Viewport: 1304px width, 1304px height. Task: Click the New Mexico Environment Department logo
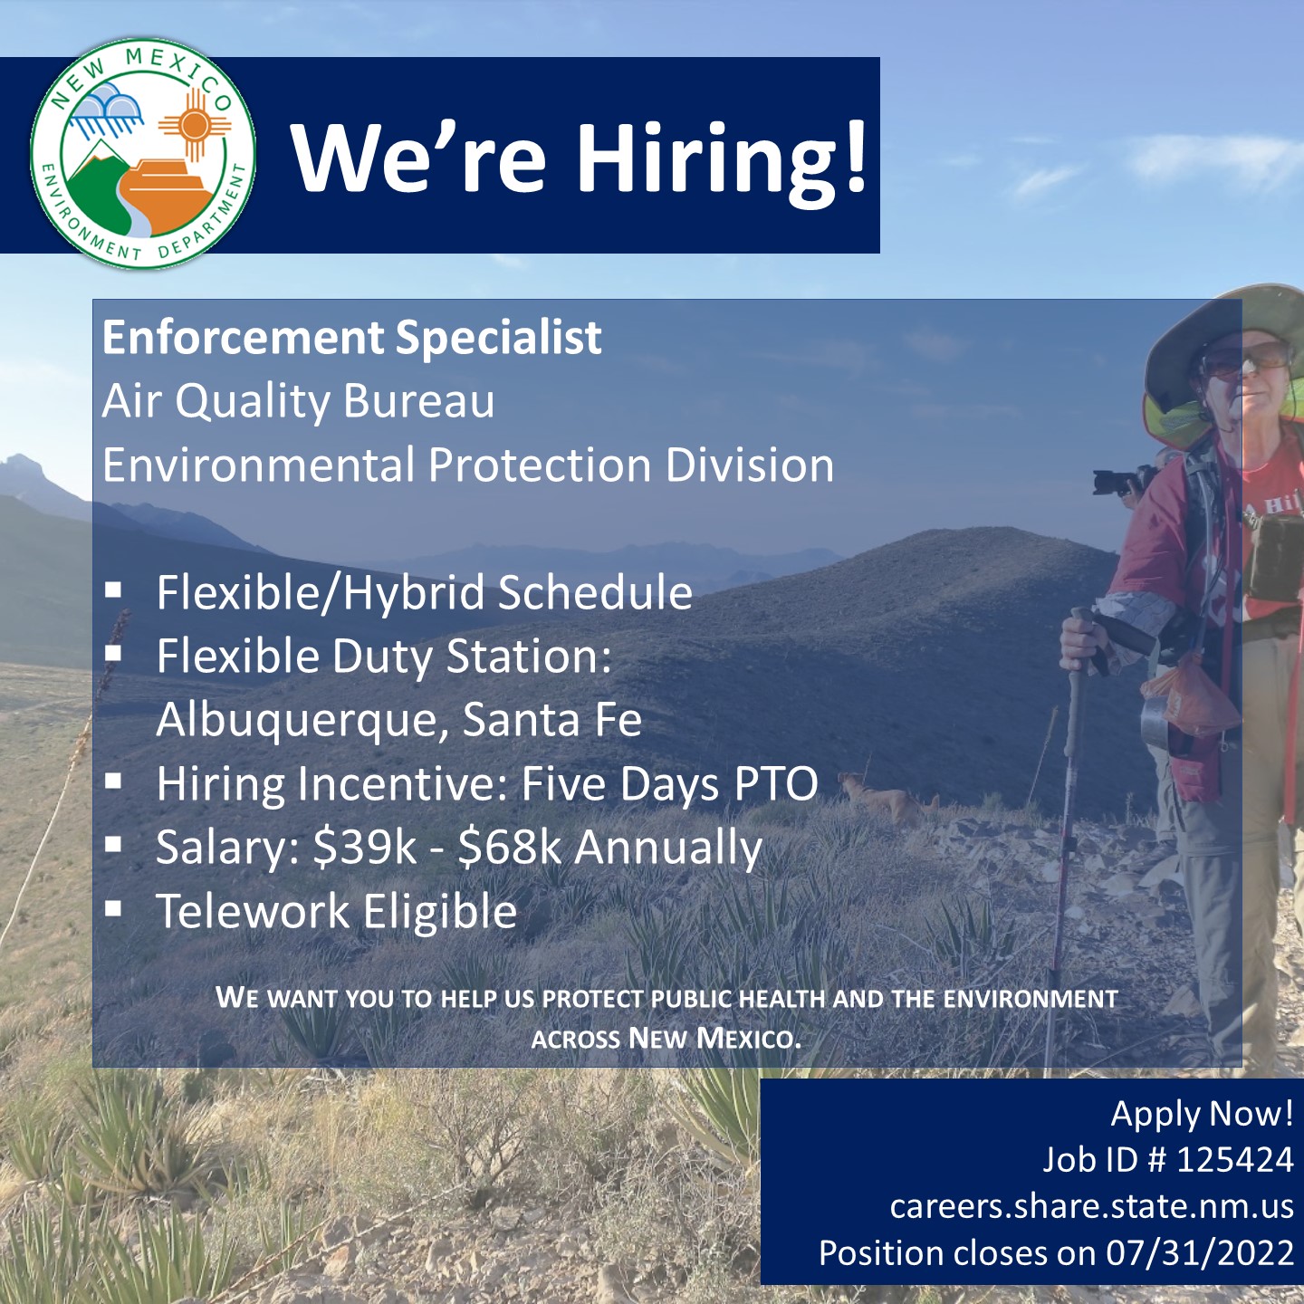pos(143,153)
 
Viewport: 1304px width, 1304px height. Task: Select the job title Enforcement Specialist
pos(351,338)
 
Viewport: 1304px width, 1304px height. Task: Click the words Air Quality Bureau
pos(298,401)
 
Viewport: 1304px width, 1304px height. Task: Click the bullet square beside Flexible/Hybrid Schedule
pos(113,590)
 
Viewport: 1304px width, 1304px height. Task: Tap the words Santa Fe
pos(551,721)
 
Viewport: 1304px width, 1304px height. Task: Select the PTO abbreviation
pos(775,784)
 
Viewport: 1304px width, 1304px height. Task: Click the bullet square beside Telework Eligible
pos(113,909)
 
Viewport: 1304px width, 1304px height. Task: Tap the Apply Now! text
pos(1202,1114)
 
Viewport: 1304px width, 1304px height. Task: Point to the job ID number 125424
pos(1234,1160)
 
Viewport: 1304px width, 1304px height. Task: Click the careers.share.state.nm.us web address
pos(1091,1206)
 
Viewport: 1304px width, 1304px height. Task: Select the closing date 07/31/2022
pos(1200,1253)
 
